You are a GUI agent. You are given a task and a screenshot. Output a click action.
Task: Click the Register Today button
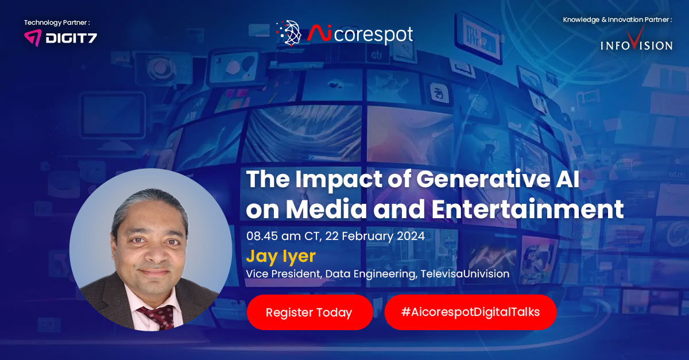coord(309,312)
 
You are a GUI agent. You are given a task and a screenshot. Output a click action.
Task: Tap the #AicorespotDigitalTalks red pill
coord(470,312)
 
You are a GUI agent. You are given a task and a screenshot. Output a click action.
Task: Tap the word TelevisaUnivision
coord(465,274)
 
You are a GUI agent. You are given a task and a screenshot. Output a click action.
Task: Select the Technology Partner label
coord(57,22)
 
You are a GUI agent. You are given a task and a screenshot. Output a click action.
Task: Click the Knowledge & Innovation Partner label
coord(617,20)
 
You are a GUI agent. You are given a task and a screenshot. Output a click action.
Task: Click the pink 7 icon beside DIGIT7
coord(32,38)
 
